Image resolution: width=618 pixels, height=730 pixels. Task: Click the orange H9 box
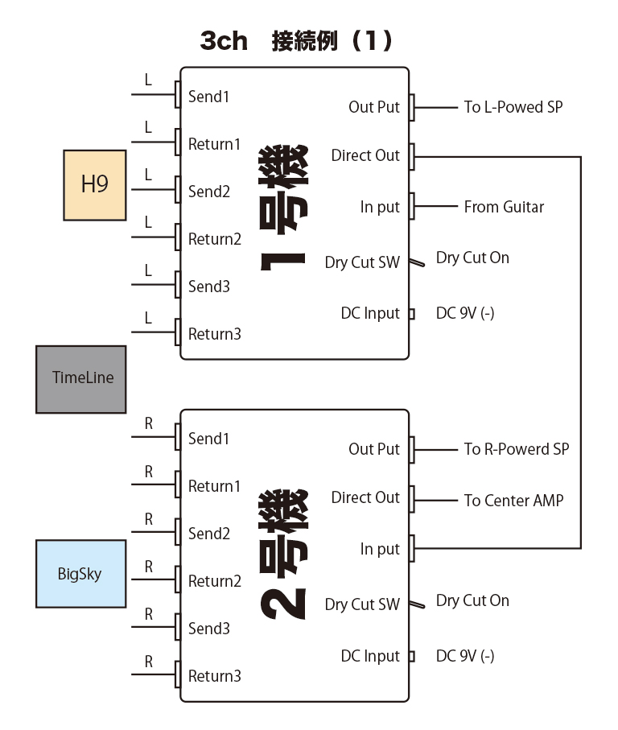tap(94, 185)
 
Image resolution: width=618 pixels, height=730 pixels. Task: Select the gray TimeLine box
tap(81, 379)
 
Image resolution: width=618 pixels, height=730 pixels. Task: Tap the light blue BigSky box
tap(80, 574)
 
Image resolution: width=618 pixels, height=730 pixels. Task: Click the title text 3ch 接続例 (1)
tap(296, 41)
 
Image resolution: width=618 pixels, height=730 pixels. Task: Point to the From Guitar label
tap(504, 207)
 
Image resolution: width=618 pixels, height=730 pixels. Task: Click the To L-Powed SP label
tap(513, 107)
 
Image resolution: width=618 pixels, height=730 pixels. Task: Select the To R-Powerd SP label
tap(516, 449)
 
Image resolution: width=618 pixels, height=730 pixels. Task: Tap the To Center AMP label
tap(513, 500)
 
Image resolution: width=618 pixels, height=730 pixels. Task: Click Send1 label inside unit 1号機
tap(209, 97)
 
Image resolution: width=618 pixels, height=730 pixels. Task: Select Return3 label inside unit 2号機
tap(215, 676)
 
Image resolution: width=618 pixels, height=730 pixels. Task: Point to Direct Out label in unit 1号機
tap(365, 155)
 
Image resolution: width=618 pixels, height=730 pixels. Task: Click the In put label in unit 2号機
tap(380, 549)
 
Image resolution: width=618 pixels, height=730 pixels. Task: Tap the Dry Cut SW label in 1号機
tap(362, 262)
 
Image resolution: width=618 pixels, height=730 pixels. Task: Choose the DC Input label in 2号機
tap(370, 656)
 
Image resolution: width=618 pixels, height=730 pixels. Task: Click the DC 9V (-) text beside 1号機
tap(465, 313)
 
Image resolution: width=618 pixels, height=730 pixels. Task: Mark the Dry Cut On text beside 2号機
tap(472, 600)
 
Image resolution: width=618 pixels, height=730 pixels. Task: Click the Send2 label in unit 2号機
tap(209, 534)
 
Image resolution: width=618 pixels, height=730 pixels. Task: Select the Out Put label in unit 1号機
tap(374, 107)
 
